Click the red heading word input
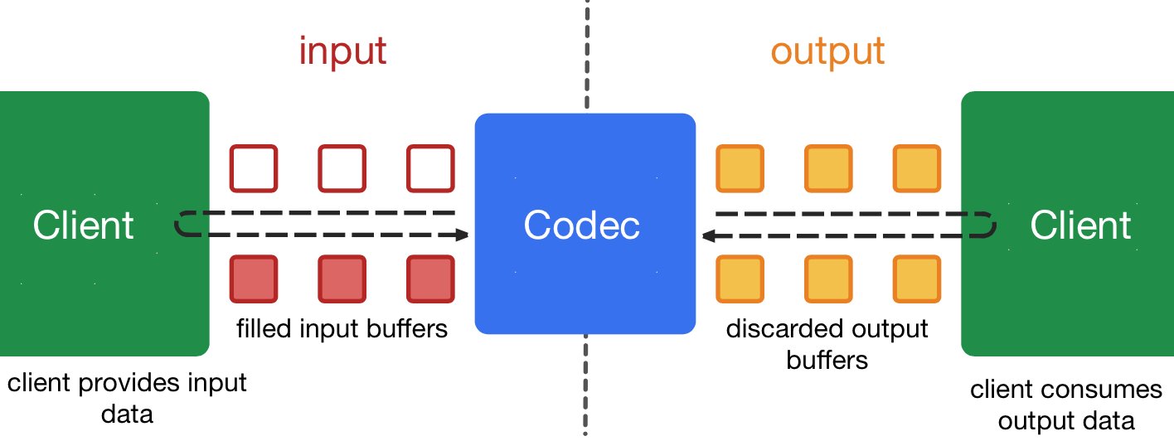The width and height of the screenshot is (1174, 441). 342,51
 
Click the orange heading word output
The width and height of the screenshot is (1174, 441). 827,51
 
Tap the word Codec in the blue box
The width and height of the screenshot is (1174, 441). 582,225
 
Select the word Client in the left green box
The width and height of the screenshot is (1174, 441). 83,225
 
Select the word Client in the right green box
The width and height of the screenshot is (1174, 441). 1080,225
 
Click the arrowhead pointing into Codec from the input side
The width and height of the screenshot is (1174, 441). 462,236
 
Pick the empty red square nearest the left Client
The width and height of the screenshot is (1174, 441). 253,168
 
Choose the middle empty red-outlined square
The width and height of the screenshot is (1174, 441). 342,168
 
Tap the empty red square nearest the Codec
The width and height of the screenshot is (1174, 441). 430,168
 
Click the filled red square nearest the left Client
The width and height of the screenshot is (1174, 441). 253,279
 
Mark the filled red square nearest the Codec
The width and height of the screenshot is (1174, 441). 430,279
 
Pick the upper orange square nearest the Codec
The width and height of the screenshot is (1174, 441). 739,168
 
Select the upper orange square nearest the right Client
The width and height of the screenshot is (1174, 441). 917,168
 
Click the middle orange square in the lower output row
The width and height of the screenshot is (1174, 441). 828,279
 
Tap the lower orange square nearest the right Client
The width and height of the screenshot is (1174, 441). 917,279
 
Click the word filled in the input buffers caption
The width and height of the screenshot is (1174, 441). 262,329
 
